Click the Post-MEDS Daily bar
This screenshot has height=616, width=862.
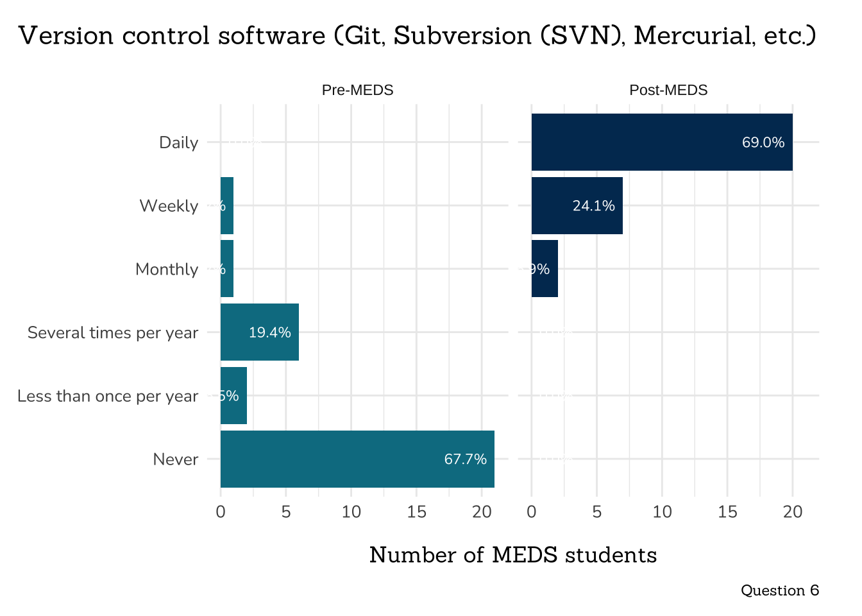click(x=662, y=142)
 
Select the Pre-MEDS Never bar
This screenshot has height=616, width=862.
click(x=357, y=459)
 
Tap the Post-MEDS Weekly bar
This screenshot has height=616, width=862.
click(x=577, y=205)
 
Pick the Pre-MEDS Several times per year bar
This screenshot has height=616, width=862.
click(x=259, y=332)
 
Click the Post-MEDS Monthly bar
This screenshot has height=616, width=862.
click(x=545, y=269)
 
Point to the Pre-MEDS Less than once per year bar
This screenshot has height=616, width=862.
click(x=233, y=395)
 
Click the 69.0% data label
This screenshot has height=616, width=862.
click(x=763, y=142)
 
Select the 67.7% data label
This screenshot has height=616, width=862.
click(x=465, y=459)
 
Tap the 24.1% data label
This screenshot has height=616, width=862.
click(x=593, y=206)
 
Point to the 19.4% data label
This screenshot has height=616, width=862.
click(x=269, y=332)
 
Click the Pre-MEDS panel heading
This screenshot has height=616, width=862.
click(x=357, y=90)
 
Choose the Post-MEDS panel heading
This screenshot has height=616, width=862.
click(x=668, y=90)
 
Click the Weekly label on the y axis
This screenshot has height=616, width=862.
click(x=169, y=206)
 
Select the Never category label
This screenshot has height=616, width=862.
click(x=176, y=459)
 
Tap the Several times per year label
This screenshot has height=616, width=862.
click(x=113, y=333)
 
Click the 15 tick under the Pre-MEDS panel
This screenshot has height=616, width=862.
click(x=416, y=512)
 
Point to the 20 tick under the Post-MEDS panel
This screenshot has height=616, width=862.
click(x=793, y=512)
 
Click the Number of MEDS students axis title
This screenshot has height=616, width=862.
click(x=513, y=555)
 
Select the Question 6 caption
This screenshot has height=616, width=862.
click(x=779, y=590)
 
